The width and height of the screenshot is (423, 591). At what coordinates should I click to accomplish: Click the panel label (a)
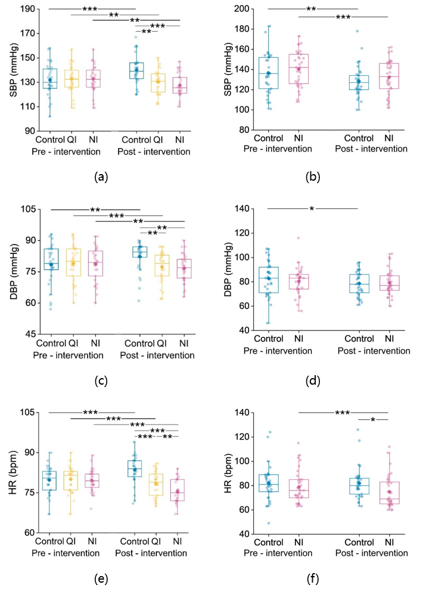[101, 177]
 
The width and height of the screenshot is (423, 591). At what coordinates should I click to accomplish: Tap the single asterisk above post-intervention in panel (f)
[373, 420]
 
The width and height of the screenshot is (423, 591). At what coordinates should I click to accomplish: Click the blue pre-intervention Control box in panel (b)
[269, 73]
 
